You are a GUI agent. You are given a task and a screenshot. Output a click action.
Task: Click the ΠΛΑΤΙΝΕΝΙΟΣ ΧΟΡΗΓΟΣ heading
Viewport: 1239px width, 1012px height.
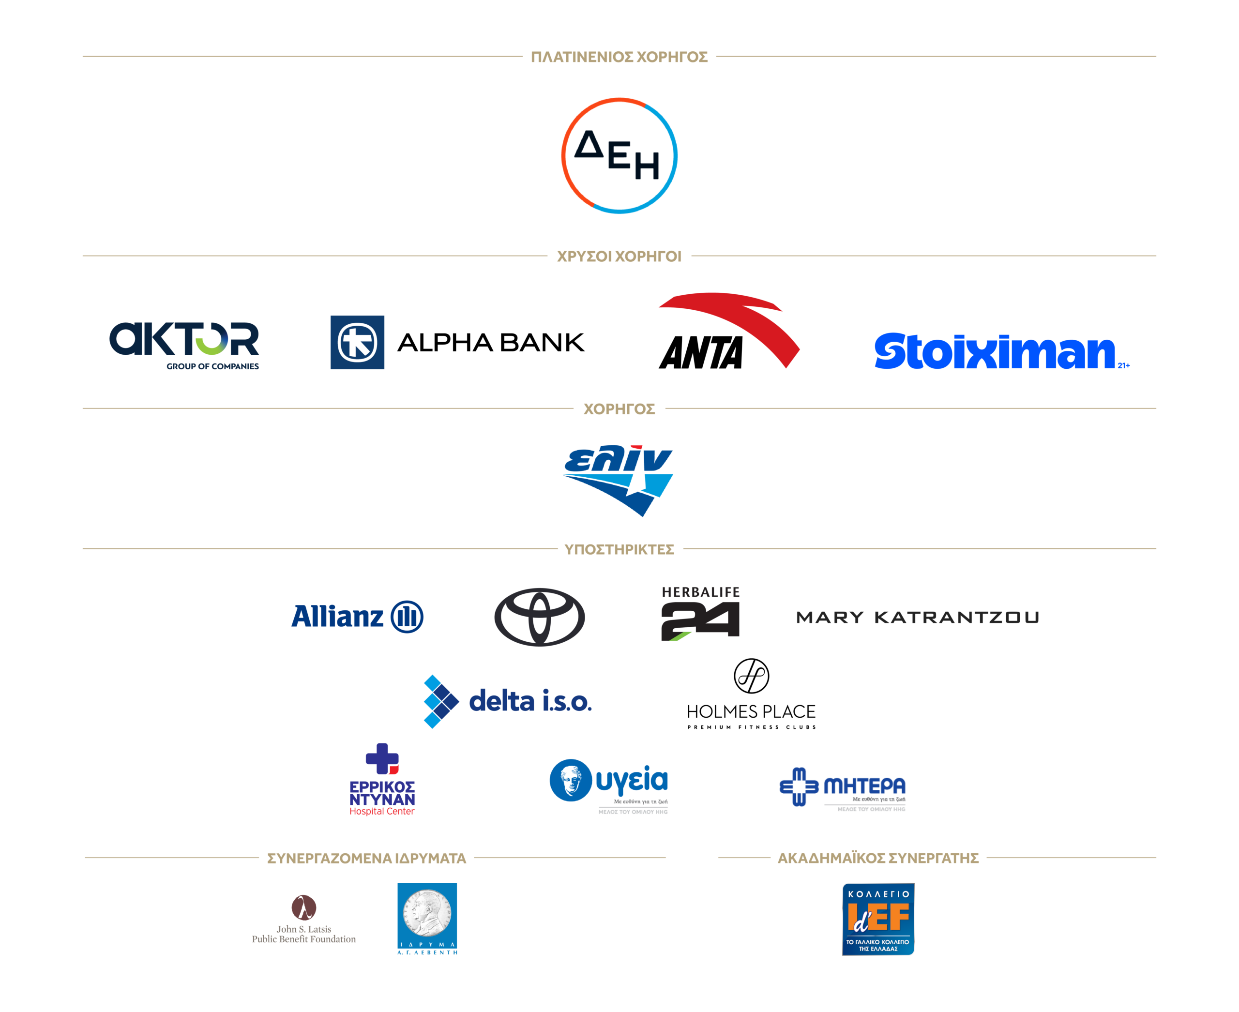point(619,57)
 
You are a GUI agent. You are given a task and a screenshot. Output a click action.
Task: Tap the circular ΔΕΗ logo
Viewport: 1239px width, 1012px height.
point(619,156)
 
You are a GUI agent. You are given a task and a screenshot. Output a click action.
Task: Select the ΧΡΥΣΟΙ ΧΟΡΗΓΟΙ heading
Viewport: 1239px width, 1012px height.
point(619,257)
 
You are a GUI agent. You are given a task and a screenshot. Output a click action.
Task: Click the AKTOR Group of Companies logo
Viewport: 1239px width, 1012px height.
point(184,344)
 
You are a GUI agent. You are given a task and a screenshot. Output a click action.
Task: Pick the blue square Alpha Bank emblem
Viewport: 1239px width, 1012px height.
point(357,342)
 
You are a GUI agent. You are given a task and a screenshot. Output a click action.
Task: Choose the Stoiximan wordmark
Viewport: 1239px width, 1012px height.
point(995,351)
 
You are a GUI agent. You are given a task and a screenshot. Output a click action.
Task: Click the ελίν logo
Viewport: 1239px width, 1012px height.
point(619,479)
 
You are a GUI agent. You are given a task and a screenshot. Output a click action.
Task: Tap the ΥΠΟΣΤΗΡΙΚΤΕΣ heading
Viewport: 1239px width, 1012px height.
point(619,549)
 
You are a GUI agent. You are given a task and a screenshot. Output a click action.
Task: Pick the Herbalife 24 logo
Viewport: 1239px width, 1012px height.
point(700,614)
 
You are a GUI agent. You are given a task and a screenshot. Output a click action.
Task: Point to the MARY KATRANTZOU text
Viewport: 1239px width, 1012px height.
point(917,618)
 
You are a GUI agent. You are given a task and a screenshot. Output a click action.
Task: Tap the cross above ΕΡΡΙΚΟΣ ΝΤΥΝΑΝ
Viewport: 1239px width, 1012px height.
point(382,758)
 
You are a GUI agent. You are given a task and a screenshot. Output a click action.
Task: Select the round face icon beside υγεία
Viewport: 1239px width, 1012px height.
point(570,780)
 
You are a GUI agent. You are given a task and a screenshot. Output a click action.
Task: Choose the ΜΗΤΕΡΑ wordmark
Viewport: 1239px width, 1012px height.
point(864,786)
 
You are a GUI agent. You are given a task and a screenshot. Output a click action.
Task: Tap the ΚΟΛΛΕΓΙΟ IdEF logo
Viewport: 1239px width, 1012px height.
point(877,919)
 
